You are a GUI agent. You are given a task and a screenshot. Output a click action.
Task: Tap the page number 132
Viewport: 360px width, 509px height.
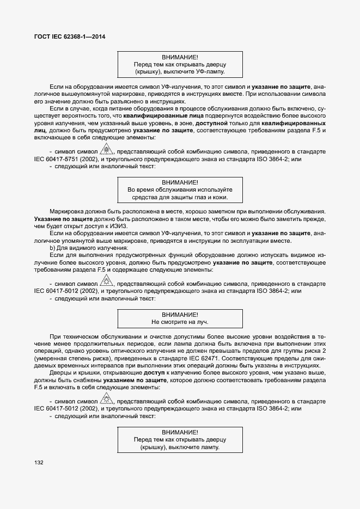[x=39, y=462]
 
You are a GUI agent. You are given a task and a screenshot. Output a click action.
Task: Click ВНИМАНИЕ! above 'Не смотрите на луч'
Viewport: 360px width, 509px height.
[x=180, y=315]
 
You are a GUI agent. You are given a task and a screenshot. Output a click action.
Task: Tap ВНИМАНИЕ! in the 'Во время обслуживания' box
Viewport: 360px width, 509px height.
[x=180, y=182]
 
